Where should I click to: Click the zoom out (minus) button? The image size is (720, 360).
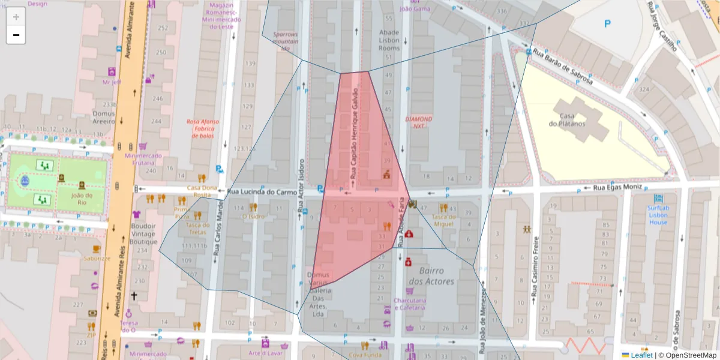point(16,35)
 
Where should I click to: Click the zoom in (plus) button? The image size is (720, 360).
point(16,17)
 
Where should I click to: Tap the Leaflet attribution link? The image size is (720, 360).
point(641,355)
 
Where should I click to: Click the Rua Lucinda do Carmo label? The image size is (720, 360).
point(262,193)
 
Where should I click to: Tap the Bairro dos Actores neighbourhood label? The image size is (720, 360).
point(431,276)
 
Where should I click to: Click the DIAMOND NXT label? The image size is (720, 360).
point(419,122)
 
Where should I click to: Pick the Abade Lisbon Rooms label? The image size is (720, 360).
point(389,40)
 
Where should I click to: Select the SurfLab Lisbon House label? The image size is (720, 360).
point(658,215)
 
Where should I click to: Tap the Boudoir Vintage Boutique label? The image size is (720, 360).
point(143,234)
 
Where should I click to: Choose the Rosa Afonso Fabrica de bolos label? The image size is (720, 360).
point(203,128)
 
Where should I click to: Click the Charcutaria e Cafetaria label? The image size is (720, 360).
point(409,304)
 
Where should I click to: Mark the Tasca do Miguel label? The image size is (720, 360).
point(443,220)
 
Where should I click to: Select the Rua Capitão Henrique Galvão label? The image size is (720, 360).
point(354,135)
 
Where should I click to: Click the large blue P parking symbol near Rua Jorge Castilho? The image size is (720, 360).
point(607,24)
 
